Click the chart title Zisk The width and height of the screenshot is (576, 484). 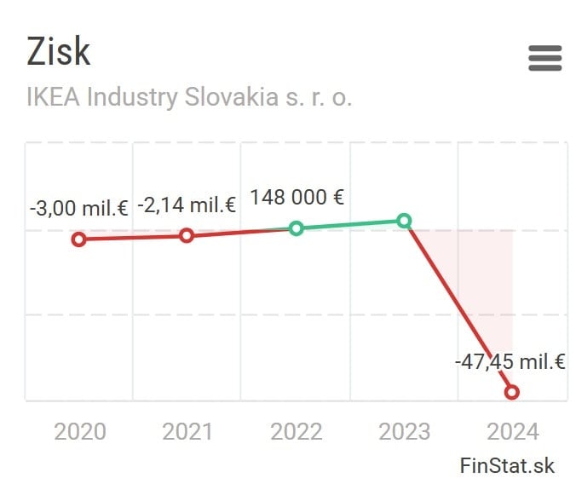point(59,52)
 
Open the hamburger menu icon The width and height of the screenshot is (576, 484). point(544,58)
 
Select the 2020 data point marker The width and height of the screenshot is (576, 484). point(79,239)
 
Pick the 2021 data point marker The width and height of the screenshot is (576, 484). point(187,235)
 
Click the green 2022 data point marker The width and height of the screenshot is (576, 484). point(296,228)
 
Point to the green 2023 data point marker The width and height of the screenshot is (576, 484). point(404,221)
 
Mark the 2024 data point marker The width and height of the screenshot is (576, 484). point(512,392)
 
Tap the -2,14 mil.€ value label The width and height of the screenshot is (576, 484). point(187,205)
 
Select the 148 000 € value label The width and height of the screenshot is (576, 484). point(297,198)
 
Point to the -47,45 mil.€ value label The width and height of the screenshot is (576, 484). point(510,361)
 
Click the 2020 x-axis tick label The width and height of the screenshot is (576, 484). point(80,431)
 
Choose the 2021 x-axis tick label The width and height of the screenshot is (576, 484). point(187,431)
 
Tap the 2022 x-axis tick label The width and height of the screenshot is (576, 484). point(297,431)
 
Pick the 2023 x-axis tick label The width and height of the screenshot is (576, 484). point(405,431)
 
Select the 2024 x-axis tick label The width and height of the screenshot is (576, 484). point(513,431)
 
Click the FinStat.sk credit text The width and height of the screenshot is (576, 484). point(507,465)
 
